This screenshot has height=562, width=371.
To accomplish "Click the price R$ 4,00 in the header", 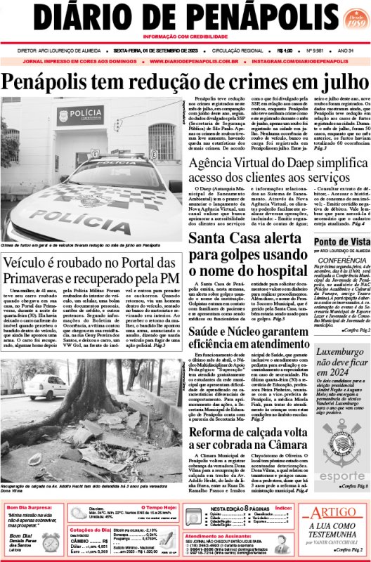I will coord(285,51).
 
